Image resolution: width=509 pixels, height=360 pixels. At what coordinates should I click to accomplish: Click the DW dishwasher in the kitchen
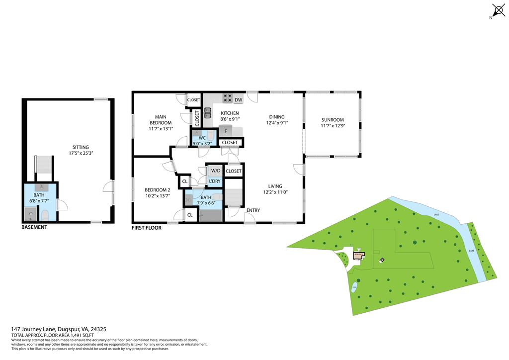pyautogui.click(x=239, y=100)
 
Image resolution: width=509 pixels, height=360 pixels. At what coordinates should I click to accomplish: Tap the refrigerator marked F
pyautogui.click(x=226, y=132)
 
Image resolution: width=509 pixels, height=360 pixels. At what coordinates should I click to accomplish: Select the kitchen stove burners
pyautogui.click(x=228, y=98)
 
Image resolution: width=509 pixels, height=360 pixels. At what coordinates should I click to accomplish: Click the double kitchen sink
pyautogui.click(x=207, y=113)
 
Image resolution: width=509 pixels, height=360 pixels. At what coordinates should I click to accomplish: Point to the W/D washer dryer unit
pyautogui.click(x=215, y=171)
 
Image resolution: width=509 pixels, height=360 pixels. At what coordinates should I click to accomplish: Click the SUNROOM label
pyautogui.click(x=332, y=120)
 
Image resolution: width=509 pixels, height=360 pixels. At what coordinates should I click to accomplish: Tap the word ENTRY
pyautogui.click(x=253, y=210)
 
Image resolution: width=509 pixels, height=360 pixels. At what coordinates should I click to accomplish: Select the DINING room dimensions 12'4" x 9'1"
pyautogui.click(x=277, y=123)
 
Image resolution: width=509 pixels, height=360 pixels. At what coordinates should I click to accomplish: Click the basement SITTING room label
pyautogui.click(x=81, y=147)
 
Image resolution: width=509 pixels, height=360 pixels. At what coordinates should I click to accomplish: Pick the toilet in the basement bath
pyautogui.click(x=44, y=215)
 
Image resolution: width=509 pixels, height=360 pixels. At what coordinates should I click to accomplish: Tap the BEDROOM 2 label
pyautogui.click(x=157, y=189)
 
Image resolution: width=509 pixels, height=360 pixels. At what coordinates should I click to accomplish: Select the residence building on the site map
pyautogui.click(x=358, y=256)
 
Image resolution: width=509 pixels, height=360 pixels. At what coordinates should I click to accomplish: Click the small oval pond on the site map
pyautogui.click(x=354, y=287)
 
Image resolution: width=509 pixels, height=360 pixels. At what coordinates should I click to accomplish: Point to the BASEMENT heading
pyautogui.click(x=34, y=227)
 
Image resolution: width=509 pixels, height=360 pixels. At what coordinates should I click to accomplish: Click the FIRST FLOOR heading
pyautogui.click(x=148, y=228)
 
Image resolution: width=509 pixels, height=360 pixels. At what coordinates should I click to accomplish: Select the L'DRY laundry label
pyautogui.click(x=215, y=181)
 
